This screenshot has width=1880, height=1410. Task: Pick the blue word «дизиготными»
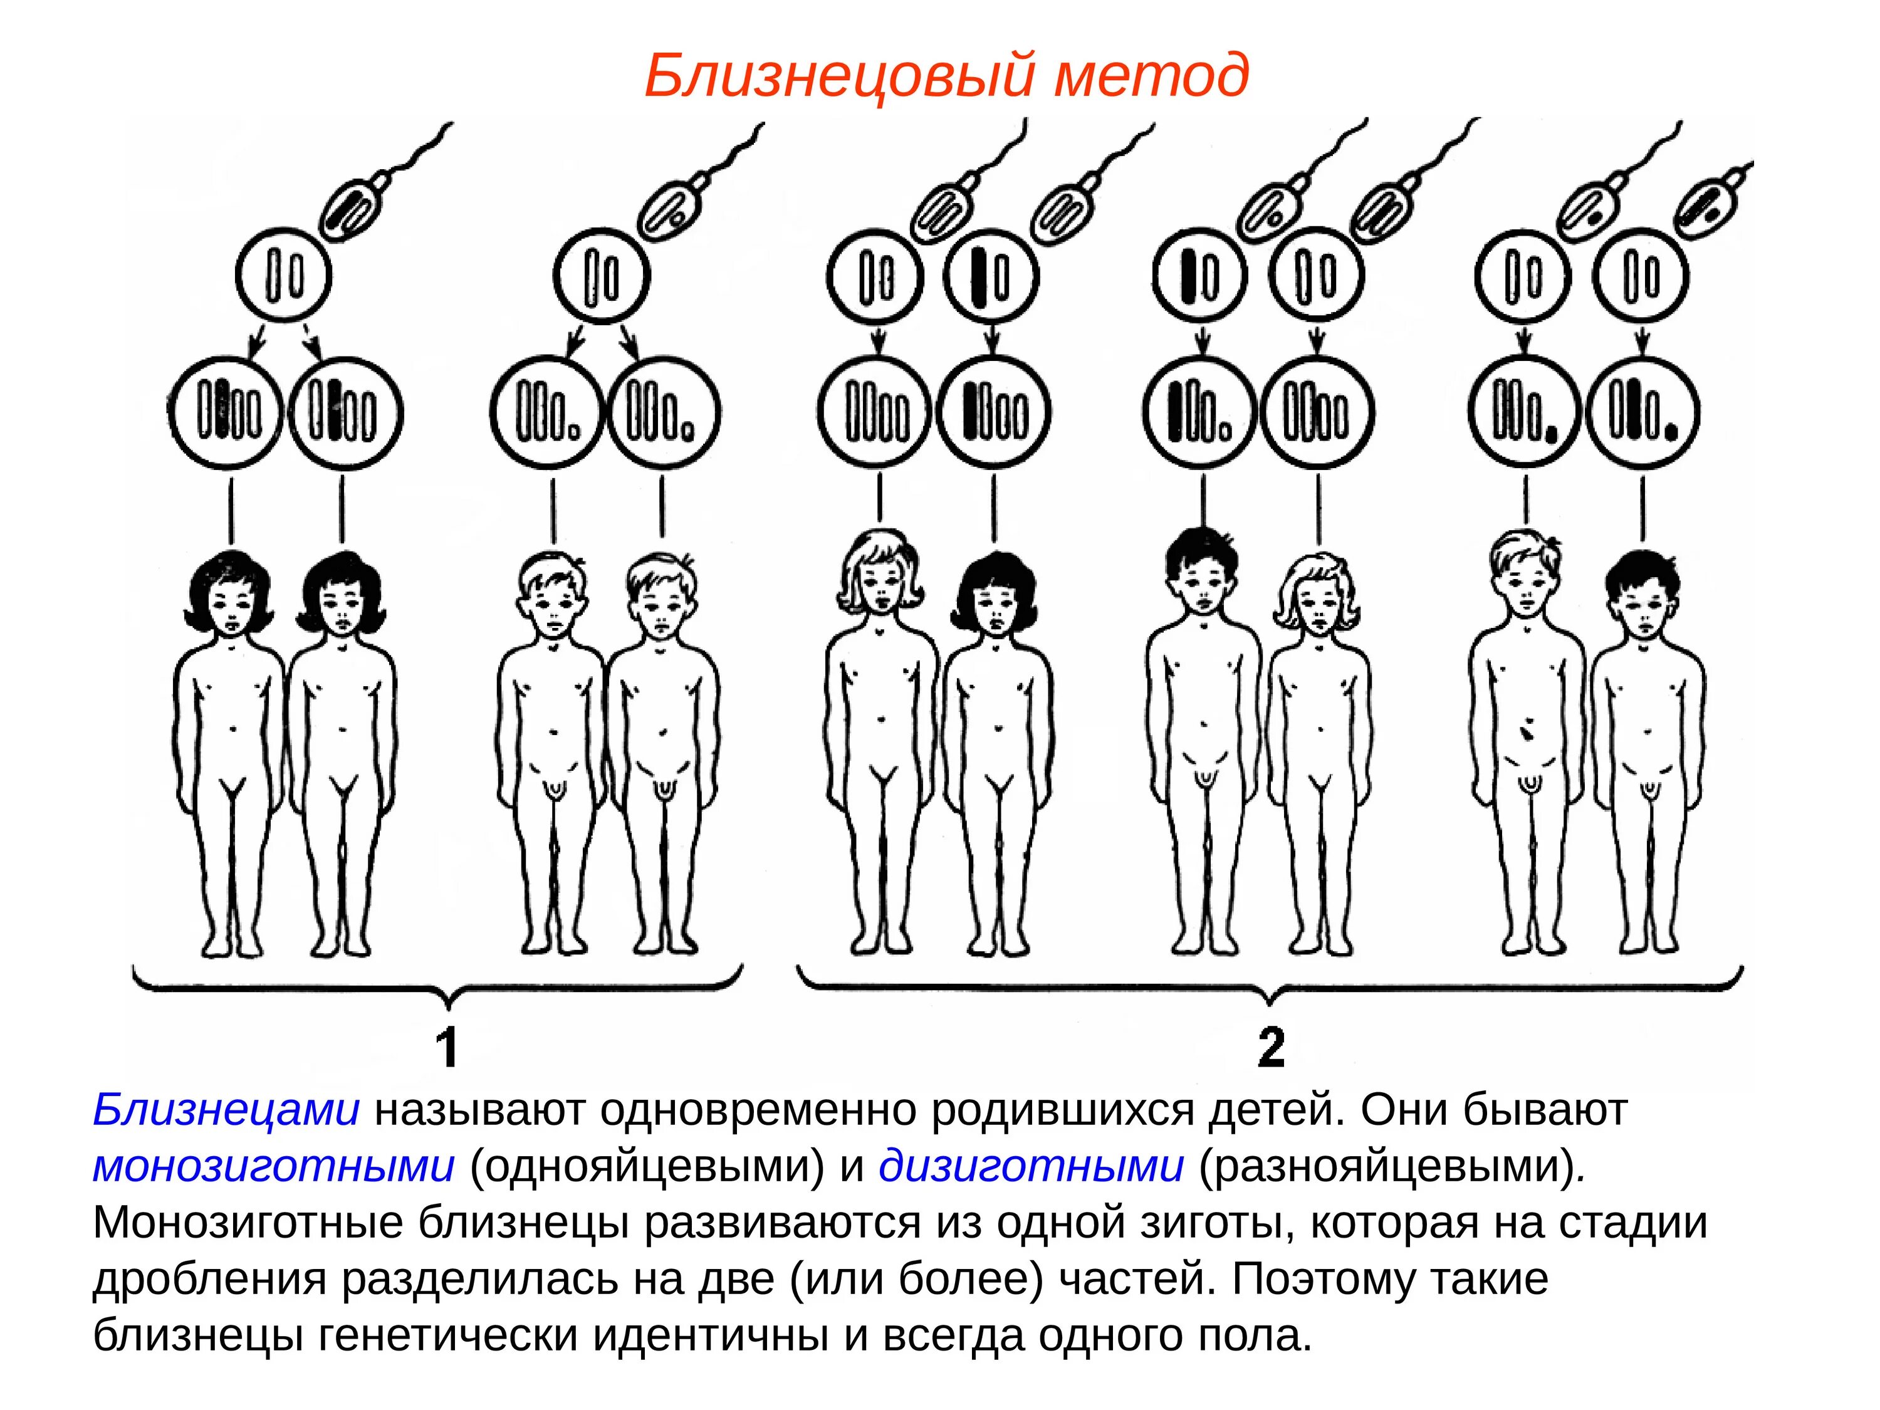[1031, 1167]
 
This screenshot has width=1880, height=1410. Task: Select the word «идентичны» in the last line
[709, 1336]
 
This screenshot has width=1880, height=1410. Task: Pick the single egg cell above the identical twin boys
[602, 277]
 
